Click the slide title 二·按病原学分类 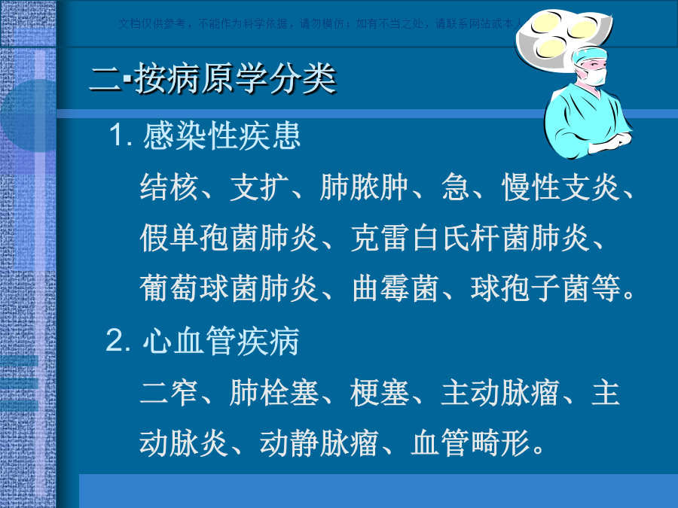tap(212, 78)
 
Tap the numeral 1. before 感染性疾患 tap(121, 135)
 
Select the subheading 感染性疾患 tap(221, 135)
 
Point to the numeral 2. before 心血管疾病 tap(118, 340)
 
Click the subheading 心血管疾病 tap(221, 341)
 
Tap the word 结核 tap(169, 187)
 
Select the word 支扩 tap(259, 187)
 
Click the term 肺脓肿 tap(364, 187)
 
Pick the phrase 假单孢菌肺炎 tap(229, 238)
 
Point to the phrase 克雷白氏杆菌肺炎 tap(469, 238)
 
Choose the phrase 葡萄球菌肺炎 tap(229, 288)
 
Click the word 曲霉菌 tap(395, 288)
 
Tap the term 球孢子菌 tap(530, 288)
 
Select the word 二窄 tap(169, 393)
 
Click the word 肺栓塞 tap(274, 393)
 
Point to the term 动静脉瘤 tap(319, 443)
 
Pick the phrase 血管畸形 tap(470, 443)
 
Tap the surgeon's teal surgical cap tap(589, 56)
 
